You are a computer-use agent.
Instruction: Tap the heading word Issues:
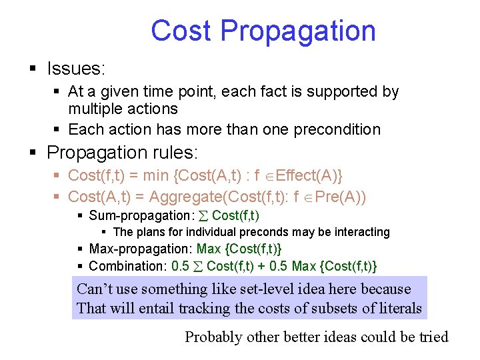[77, 68]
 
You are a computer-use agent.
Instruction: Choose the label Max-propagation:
[141, 249]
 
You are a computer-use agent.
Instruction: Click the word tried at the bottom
[433, 337]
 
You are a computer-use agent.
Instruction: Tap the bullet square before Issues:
[32, 69]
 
